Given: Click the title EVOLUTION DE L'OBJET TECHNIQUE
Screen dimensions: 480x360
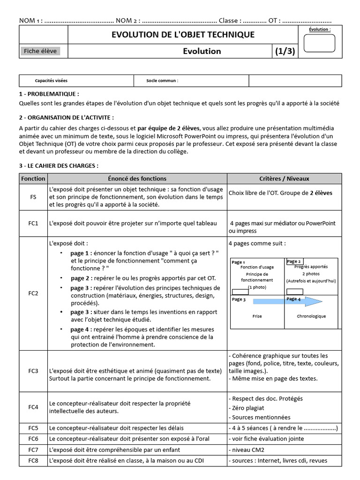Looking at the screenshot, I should tap(183, 35).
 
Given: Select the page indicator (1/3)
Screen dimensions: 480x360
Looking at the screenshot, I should tap(285, 51).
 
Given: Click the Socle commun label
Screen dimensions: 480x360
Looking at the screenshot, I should tap(162, 81).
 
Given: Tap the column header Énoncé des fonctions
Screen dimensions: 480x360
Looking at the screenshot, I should tap(137, 179).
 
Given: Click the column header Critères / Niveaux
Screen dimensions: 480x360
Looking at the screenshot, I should tap(284, 179).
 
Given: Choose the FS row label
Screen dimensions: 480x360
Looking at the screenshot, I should tap(33, 197).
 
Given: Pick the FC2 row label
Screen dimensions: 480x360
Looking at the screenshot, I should tap(33, 294).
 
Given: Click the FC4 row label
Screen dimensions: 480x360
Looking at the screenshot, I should tap(33, 407).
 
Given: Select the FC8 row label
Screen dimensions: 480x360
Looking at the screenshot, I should tap(33, 460).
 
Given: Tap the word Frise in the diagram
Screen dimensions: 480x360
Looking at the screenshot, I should tap(257, 316).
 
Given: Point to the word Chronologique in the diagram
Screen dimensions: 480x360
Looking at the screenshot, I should tap(311, 316).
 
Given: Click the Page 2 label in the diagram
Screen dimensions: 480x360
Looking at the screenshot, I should tap(294, 262).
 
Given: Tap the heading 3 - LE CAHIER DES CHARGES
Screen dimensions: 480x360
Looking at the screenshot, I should tap(59, 165).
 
